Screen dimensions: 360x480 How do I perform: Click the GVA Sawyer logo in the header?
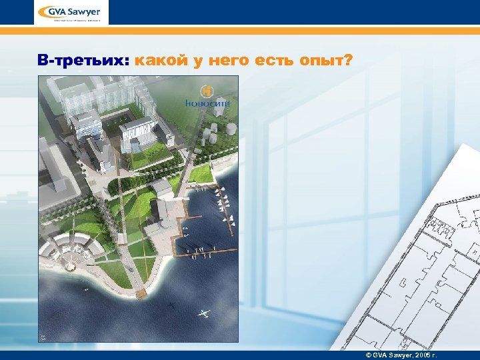[x=71, y=13]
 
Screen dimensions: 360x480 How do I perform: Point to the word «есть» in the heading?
[x=268, y=61]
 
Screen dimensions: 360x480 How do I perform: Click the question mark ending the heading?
[x=348, y=61]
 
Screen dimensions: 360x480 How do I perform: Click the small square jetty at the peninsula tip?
[x=141, y=293]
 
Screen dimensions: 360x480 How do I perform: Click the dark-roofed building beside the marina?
[x=161, y=209]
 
